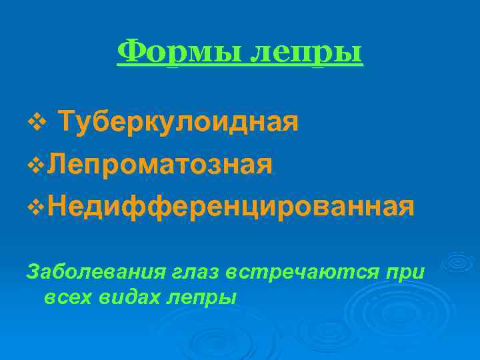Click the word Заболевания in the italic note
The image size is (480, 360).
(x=91, y=271)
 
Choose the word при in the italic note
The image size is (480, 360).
(x=409, y=271)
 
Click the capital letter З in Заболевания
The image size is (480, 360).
(x=31, y=271)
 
